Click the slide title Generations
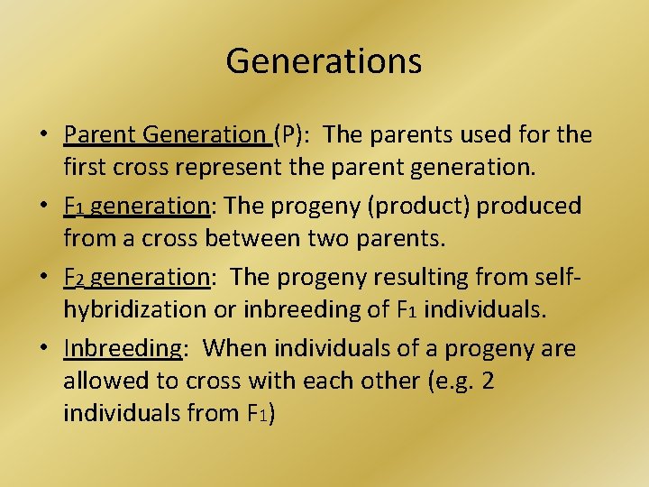[x=324, y=60]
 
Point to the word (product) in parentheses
[x=420, y=206]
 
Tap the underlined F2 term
[x=73, y=277]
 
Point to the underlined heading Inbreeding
[x=123, y=348]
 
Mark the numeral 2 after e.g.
[x=488, y=381]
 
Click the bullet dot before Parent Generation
[x=43, y=136]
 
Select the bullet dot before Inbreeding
[x=43, y=349]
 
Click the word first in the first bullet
[x=83, y=169]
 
